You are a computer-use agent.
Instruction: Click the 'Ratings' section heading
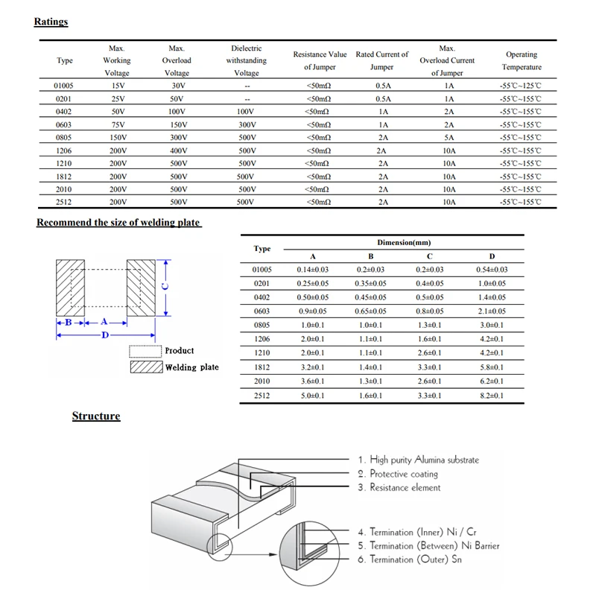51,22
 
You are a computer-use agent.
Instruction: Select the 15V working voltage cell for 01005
117,86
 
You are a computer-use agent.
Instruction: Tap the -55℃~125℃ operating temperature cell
521,86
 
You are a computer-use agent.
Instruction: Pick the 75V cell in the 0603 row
117,124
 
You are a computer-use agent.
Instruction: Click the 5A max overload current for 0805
448,137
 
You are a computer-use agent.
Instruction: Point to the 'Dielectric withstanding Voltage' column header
247,60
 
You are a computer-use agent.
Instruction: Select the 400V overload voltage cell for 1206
177,150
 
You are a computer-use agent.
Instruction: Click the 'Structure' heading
95,416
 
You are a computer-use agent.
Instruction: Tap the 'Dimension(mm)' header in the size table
403,243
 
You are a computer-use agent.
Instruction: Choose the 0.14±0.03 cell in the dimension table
312,270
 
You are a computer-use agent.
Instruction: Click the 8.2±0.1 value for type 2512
492,395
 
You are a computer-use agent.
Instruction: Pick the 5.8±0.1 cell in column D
492,367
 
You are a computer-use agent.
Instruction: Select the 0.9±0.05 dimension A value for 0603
312,311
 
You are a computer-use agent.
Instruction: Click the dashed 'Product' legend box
145,352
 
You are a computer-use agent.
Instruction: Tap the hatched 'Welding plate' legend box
145,367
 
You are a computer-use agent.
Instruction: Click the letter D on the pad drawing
105,335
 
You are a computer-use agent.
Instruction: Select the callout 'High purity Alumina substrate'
418,460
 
